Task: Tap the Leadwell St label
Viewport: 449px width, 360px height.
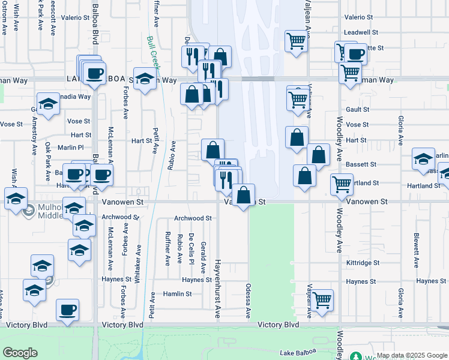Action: [360, 32]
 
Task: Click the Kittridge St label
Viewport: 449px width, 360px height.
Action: [363, 263]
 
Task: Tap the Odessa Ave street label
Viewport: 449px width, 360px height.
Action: [247, 301]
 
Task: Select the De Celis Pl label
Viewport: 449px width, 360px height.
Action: [191, 248]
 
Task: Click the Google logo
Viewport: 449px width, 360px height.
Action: [19, 353]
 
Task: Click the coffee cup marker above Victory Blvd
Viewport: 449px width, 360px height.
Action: [68, 310]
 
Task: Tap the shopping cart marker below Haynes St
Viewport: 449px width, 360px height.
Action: [322, 299]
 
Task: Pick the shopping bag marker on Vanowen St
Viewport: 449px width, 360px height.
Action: [243, 195]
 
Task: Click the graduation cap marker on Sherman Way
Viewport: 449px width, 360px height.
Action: [145, 80]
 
